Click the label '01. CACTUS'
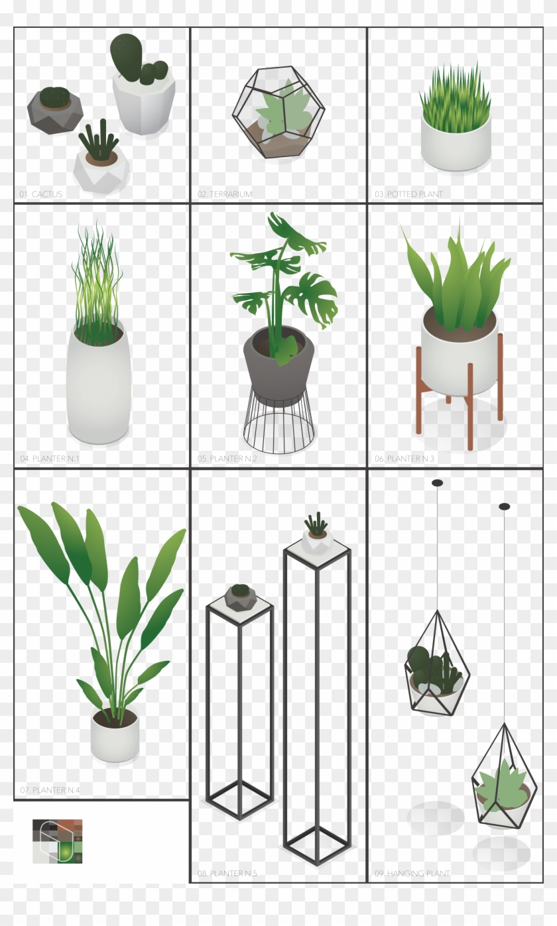(x=41, y=194)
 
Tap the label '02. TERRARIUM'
(x=225, y=194)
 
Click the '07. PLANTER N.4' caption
(x=50, y=790)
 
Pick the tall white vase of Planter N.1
(x=98, y=391)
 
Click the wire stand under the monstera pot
(x=278, y=424)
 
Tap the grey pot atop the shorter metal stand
(x=240, y=597)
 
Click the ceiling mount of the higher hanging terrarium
(x=437, y=483)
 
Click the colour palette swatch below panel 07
(x=58, y=841)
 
